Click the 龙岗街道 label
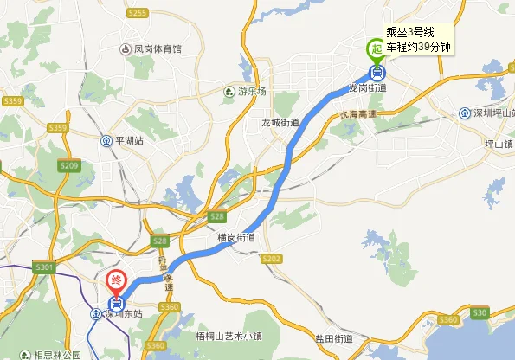[x=367, y=87]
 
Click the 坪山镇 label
[x=499, y=144]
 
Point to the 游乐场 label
[x=253, y=92]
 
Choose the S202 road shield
[x=271, y=258]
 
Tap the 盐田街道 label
[x=332, y=337]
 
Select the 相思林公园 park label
[x=57, y=355]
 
